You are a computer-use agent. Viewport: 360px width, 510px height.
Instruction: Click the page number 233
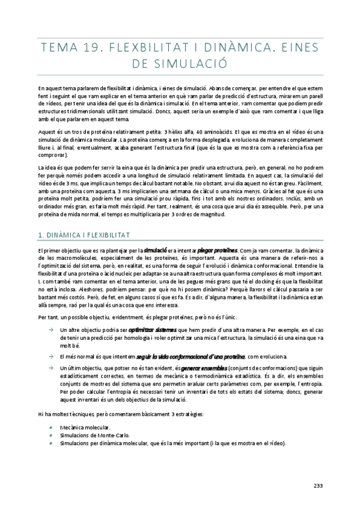[318, 487]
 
